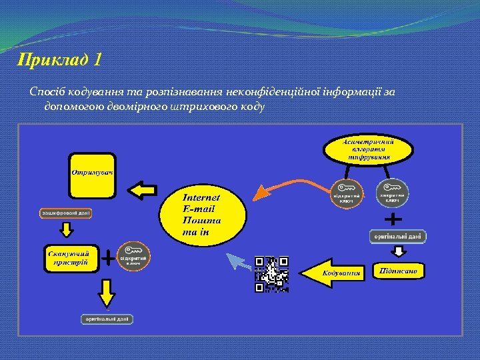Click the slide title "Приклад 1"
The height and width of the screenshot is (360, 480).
[60, 61]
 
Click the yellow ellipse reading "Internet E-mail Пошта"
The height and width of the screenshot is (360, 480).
[201, 213]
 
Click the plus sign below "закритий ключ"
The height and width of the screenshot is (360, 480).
[394, 219]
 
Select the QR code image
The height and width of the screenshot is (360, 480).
[271, 274]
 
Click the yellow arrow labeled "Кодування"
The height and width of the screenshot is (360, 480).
[333, 273]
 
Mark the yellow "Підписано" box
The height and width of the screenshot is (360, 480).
[399, 271]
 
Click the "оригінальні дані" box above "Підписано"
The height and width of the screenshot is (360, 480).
[397, 236]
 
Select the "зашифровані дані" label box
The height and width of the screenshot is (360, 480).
[65, 213]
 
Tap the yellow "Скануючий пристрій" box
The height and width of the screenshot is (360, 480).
[70, 257]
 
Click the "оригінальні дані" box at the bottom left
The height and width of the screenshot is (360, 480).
[107, 319]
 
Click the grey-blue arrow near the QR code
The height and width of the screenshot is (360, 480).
[237, 261]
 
